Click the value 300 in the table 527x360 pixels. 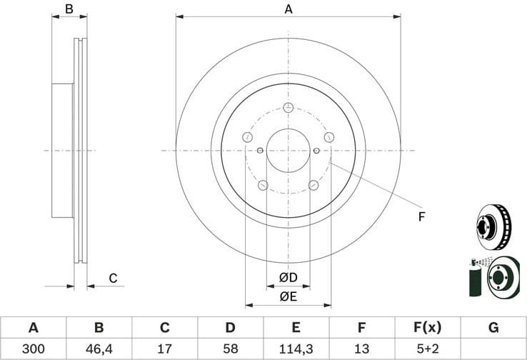point(33,349)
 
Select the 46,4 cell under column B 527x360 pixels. point(99,349)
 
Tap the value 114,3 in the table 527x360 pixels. point(296,349)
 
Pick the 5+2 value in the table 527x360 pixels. point(428,349)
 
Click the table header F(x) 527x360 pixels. point(428,328)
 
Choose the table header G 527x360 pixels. point(493,328)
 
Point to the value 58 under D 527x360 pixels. point(230,349)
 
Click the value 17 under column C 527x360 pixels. point(164,349)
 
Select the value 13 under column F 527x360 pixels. point(361,349)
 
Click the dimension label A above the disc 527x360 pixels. point(288,9)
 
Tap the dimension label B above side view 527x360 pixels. point(69,9)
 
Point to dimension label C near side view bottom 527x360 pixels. point(112,278)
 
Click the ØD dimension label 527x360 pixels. point(288,277)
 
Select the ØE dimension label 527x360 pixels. point(288,296)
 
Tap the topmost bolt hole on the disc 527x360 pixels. point(288,108)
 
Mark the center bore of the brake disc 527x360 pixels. point(288,151)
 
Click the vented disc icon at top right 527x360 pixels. point(493,226)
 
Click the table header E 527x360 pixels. point(296,328)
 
